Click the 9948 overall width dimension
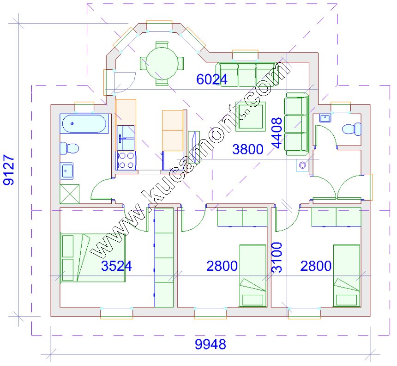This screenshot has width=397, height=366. (211, 344)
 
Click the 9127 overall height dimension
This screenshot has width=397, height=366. (9, 170)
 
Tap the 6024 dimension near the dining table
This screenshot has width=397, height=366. (212, 79)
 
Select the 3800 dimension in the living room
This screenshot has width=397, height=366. (247, 149)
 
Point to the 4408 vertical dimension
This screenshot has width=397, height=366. (277, 133)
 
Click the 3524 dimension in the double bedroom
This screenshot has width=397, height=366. (116, 266)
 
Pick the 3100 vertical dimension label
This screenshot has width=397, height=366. (277, 257)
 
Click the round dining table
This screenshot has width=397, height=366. (162, 64)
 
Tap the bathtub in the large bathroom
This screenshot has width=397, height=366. (84, 124)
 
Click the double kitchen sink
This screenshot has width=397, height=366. (126, 138)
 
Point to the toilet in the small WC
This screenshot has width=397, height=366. (351, 129)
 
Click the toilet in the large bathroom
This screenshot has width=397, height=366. (69, 148)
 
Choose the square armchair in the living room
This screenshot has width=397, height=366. (251, 116)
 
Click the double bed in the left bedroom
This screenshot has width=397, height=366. (93, 258)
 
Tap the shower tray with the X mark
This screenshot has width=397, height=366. (69, 194)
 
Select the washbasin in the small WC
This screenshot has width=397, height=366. (325, 118)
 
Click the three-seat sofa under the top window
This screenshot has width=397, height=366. (247, 75)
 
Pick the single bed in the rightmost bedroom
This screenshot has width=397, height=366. (347, 276)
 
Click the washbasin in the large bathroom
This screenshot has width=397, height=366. (66, 171)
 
